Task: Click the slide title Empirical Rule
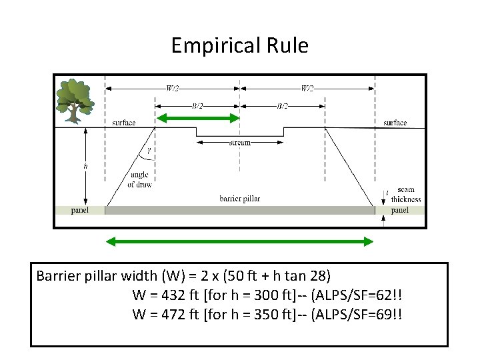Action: click(x=239, y=45)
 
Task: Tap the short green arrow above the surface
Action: click(x=197, y=119)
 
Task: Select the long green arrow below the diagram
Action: click(x=240, y=241)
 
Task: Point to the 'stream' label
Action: click(x=239, y=143)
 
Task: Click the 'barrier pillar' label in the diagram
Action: click(x=239, y=199)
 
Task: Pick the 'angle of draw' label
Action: click(x=139, y=180)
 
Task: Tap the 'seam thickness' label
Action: click(x=406, y=194)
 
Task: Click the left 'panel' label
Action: click(x=79, y=210)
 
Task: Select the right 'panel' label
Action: click(x=400, y=210)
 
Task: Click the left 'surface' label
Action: click(x=124, y=123)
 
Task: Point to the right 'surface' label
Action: click(x=395, y=123)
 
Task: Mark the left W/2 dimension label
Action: click(x=173, y=87)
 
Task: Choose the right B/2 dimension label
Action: click(x=282, y=106)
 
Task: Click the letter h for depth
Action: click(x=85, y=166)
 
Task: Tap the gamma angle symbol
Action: click(x=148, y=150)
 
